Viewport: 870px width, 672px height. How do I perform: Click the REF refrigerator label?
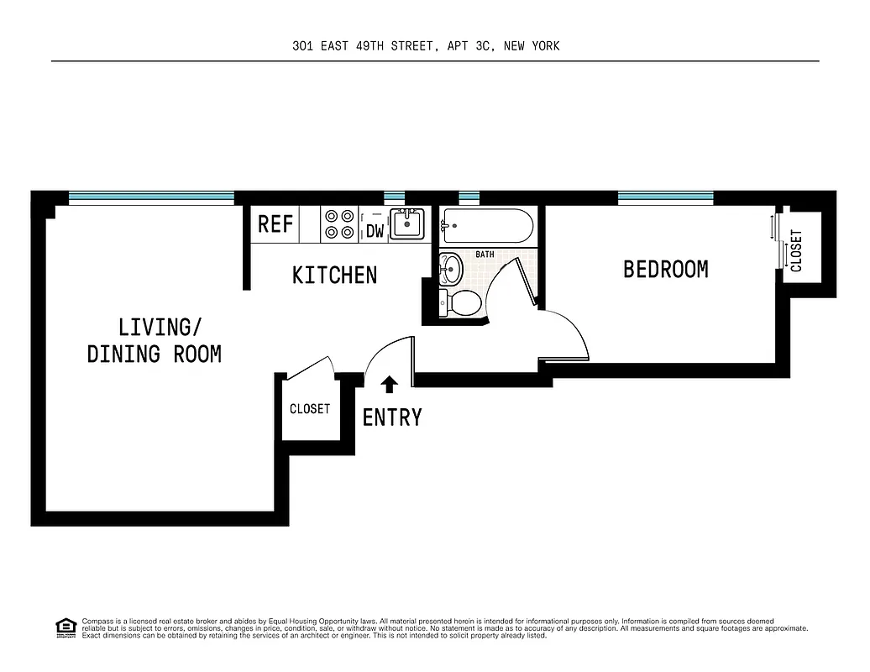pyautogui.click(x=275, y=224)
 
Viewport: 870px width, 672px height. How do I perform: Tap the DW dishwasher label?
pyautogui.click(x=375, y=230)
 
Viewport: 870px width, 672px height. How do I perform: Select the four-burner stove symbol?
pyautogui.click(x=339, y=223)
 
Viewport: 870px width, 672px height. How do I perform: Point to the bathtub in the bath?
pyautogui.click(x=486, y=225)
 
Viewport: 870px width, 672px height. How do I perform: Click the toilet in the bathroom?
pyautogui.click(x=461, y=303)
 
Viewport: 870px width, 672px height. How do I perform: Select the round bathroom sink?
pyautogui.click(x=451, y=270)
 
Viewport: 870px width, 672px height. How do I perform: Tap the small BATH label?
pyautogui.click(x=485, y=254)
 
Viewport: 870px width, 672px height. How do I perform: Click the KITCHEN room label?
pyautogui.click(x=334, y=275)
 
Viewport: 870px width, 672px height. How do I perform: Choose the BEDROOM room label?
pyautogui.click(x=665, y=269)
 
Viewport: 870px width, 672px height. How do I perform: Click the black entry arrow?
pyautogui.click(x=389, y=385)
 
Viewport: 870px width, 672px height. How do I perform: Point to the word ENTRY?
pyautogui.click(x=391, y=417)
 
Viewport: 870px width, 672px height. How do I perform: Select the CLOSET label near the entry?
pyautogui.click(x=310, y=409)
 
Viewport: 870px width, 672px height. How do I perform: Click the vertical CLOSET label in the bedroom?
pyautogui.click(x=796, y=250)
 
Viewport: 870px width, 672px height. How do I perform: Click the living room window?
pyautogui.click(x=151, y=197)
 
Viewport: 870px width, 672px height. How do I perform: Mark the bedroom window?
pyautogui.click(x=665, y=197)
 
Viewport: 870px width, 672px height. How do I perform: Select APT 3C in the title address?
pyautogui.click(x=467, y=46)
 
